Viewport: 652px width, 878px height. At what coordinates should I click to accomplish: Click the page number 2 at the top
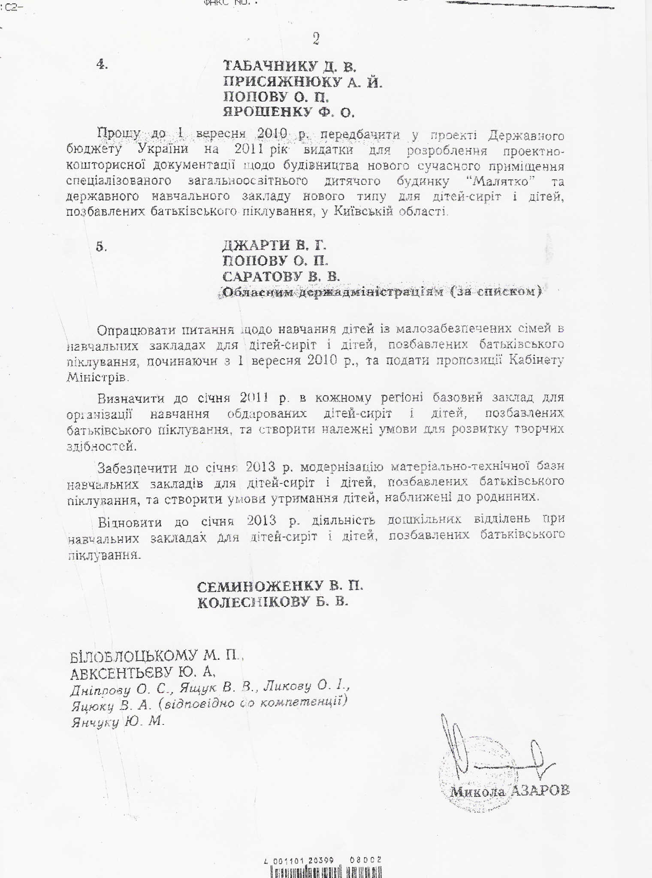click(x=316, y=39)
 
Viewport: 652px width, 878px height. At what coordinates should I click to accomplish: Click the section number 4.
click(x=102, y=65)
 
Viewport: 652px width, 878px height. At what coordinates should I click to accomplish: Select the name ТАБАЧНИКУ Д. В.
click(x=290, y=66)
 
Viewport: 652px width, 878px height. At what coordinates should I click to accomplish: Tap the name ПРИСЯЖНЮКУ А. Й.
click(x=302, y=82)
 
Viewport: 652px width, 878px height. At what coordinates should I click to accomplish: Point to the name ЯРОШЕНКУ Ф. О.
click(x=289, y=112)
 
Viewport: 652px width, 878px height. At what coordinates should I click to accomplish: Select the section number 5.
click(x=102, y=247)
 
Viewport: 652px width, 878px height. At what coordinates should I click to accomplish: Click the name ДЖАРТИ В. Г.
click(x=275, y=245)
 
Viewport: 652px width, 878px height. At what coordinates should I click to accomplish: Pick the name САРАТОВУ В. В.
click(x=281, y=276)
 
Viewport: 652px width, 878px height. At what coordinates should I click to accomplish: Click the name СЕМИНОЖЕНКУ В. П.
click(x=280, y=586)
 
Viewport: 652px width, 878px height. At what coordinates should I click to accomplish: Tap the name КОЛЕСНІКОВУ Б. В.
click(x=273, y=602)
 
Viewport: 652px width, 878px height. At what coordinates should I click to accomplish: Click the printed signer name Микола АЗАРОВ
click(x=510, y=791)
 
